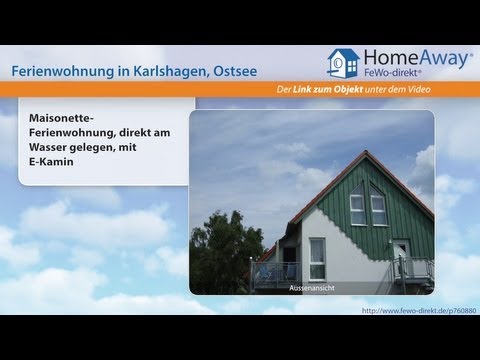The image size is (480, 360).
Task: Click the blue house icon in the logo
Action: pos(344,65)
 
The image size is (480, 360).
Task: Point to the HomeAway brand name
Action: pos(418,59)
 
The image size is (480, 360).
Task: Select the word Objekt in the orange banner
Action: pos(378,92)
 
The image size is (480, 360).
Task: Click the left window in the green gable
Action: pos(357,209)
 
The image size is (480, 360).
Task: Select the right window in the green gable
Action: pos(378,209)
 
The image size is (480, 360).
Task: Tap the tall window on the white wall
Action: pos(317,259)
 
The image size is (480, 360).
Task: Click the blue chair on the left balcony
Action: pos(269,271)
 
